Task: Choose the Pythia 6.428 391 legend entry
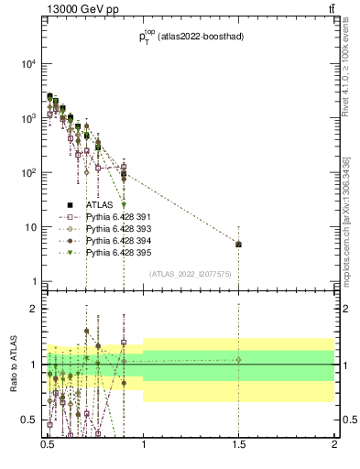(119, 216)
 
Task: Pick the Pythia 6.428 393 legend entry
(119, 228)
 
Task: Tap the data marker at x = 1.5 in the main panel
(238, 245)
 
